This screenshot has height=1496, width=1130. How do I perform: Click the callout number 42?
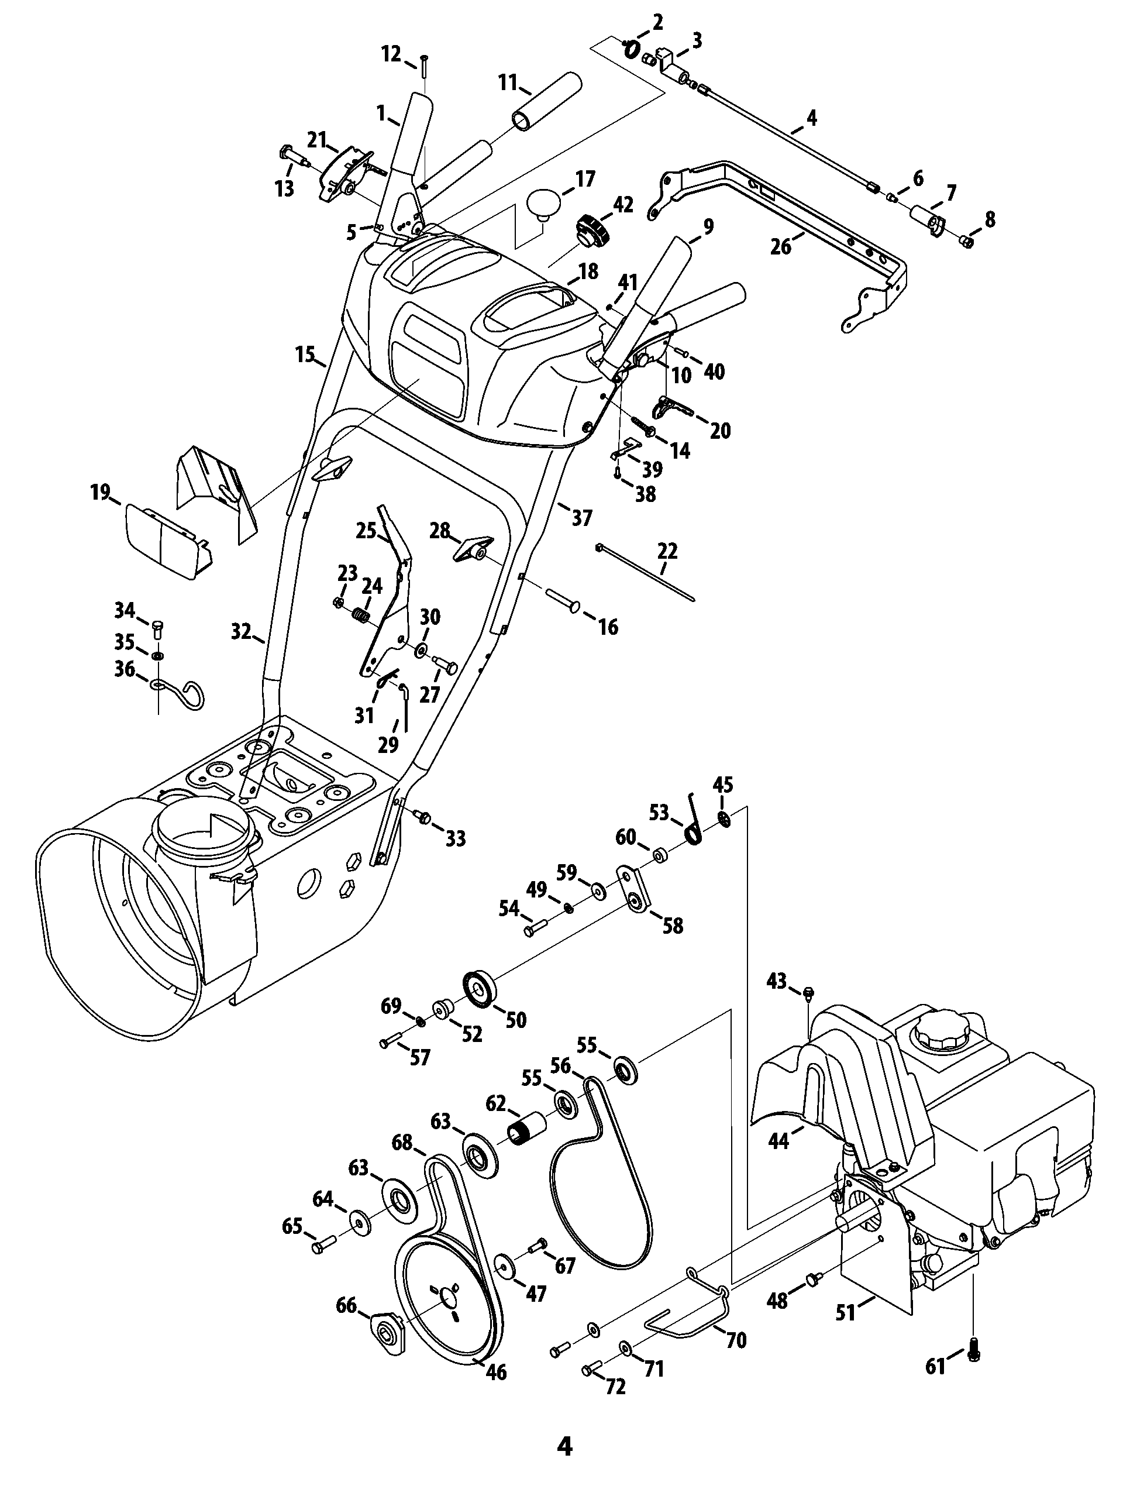coord(623,205)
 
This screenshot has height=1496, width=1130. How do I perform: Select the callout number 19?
coord(100,493)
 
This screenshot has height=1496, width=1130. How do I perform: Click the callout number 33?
coord(456,838)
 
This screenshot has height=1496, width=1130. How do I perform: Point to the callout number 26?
coord(781,247)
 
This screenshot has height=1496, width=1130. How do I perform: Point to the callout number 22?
coord(667,551)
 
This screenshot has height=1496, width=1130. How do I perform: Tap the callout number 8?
coord(990,220)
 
